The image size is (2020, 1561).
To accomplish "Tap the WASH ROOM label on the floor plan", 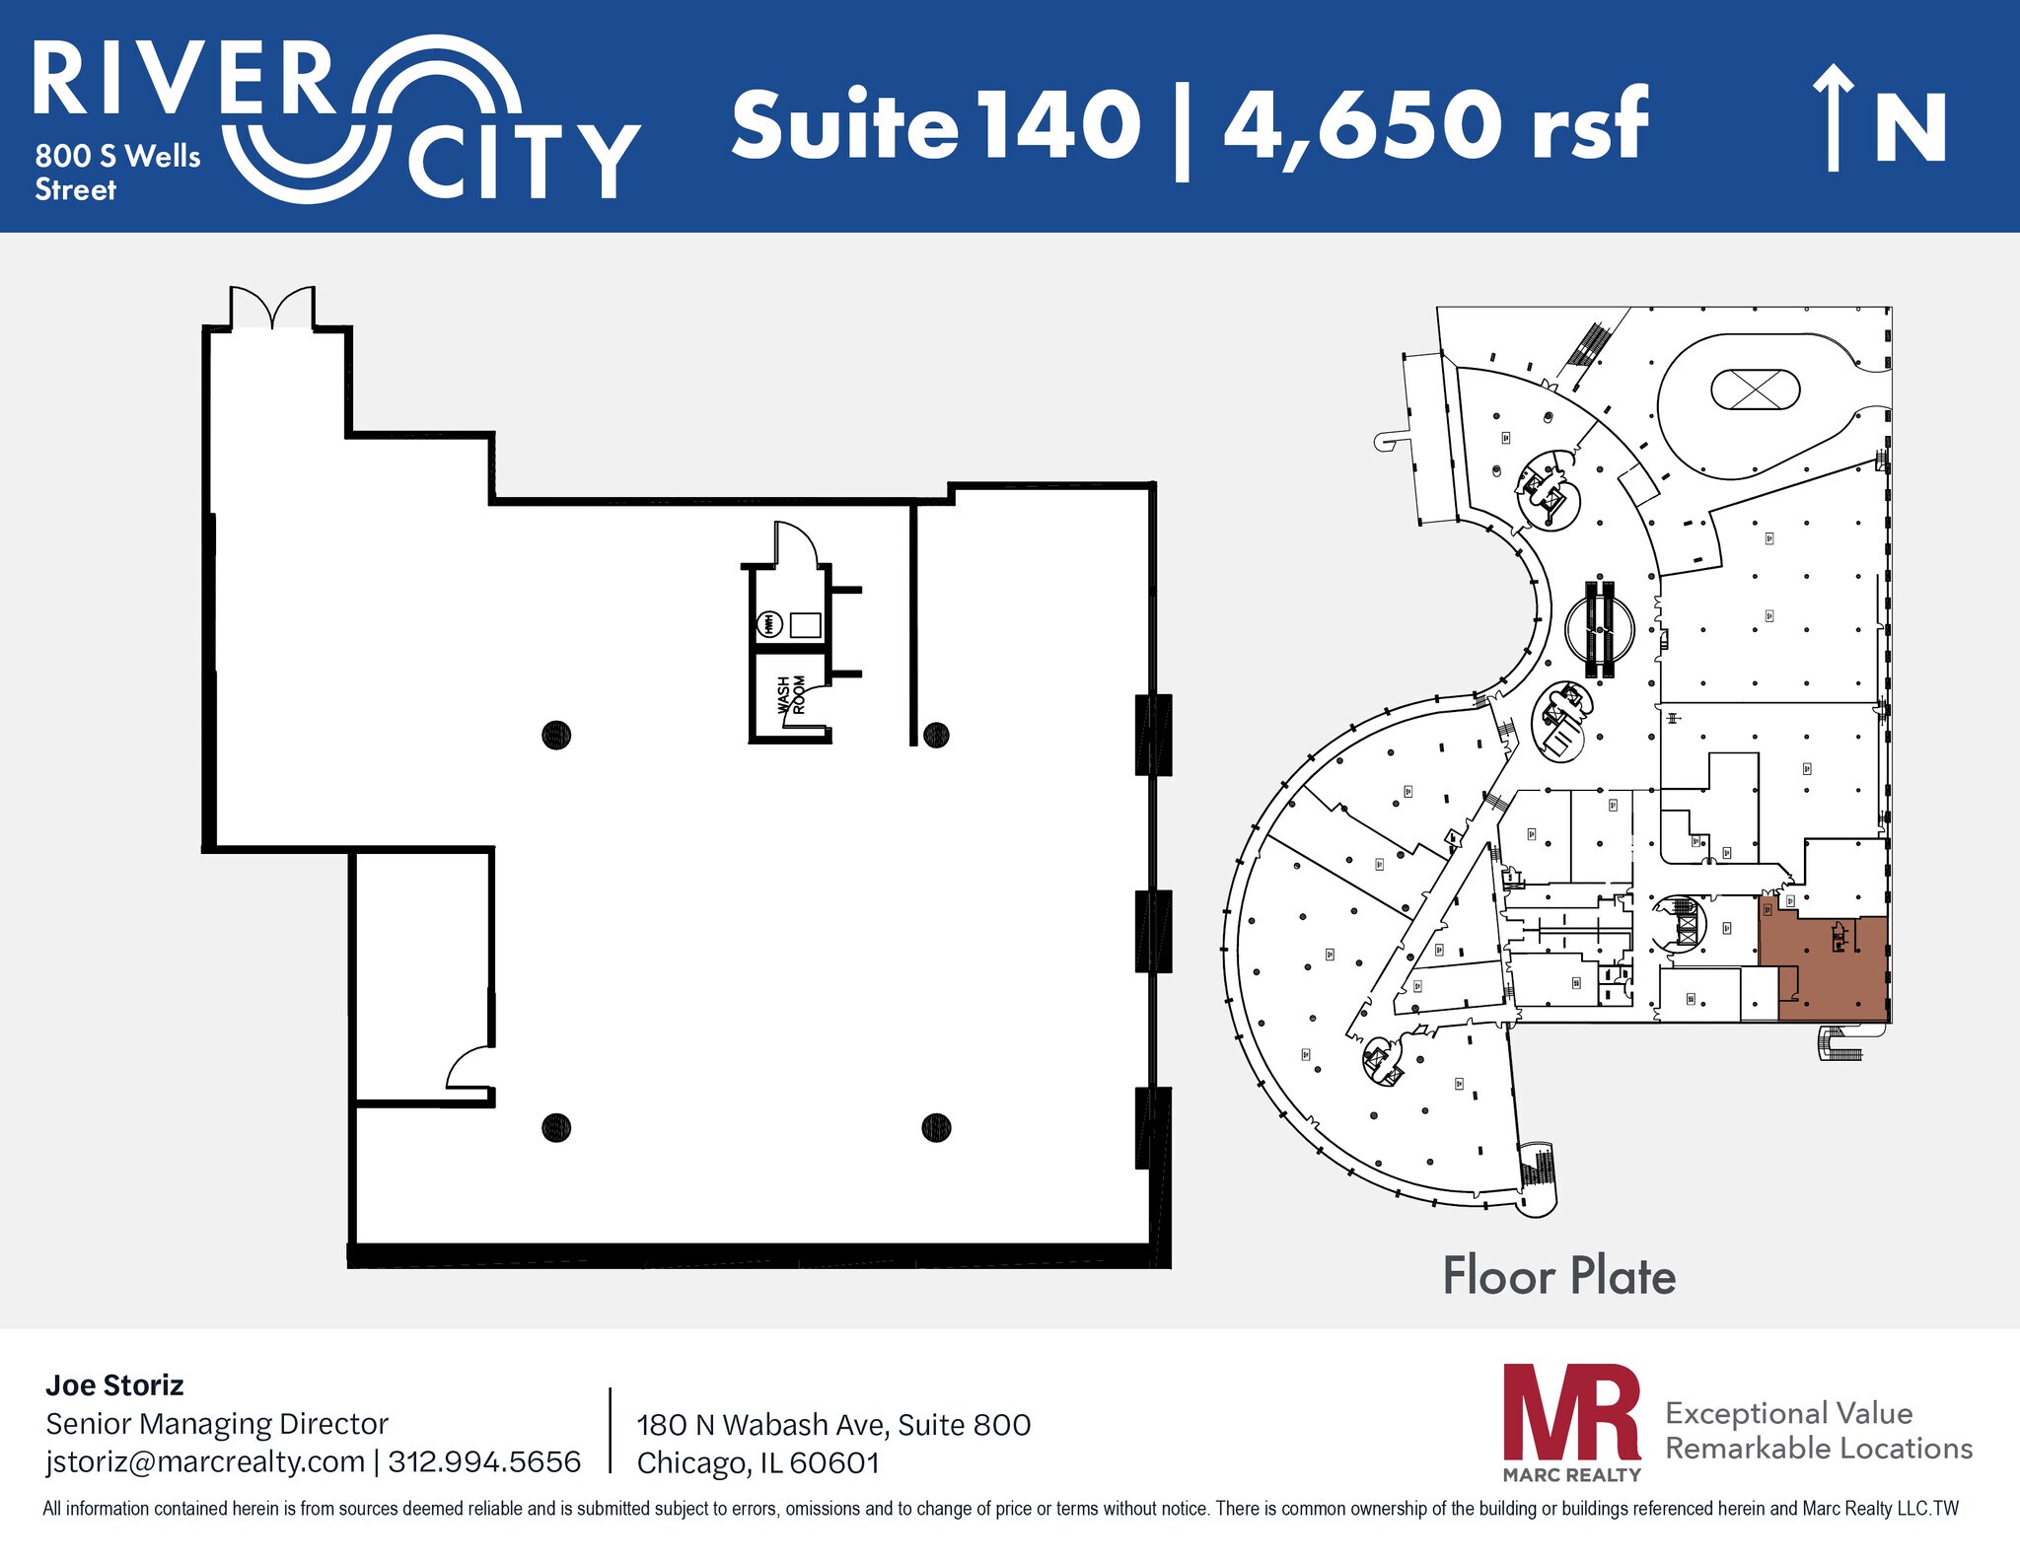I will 790,694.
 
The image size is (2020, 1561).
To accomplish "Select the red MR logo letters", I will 1571,1412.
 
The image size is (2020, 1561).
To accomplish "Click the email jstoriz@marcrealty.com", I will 205,1460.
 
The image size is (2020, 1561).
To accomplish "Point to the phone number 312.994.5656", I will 484,1460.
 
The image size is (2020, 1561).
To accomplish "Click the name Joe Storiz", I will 114,1385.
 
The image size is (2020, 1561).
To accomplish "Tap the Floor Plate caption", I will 1558,1276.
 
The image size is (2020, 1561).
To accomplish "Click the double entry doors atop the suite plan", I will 273,309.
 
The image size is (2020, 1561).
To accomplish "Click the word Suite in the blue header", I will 844,125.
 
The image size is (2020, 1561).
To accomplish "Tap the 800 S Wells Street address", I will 117,173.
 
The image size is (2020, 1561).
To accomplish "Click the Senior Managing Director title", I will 217,1424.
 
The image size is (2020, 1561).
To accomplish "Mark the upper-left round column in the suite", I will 556,735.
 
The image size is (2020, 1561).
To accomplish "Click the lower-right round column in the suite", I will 936,1126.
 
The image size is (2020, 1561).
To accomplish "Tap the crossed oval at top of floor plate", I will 1755,389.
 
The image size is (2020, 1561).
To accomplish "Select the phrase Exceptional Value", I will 1788,1413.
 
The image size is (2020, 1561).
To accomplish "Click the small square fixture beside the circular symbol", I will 805,625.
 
